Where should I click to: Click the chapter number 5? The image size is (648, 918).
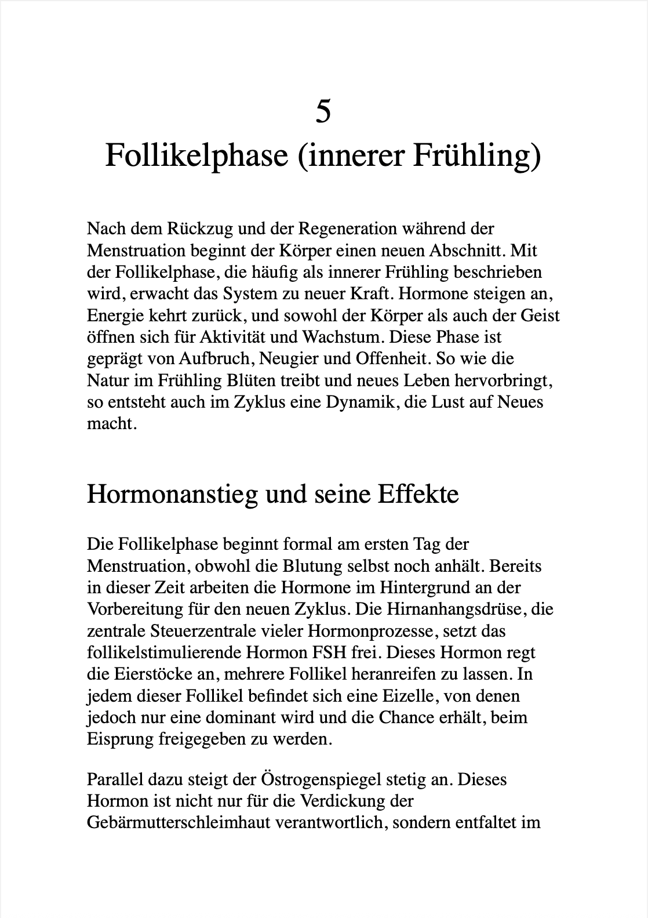[x=323, y=111]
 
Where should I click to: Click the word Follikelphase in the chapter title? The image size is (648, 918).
[x=196, y=155]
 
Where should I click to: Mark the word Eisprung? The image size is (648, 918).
[x=120, y=739]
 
